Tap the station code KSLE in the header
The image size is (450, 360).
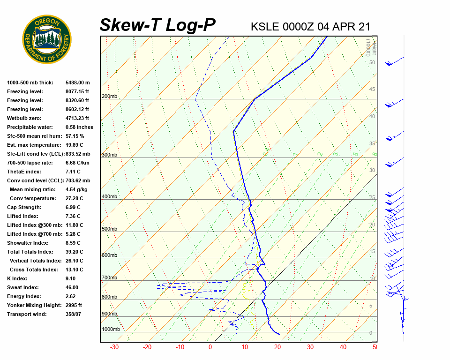[x=265, y=27]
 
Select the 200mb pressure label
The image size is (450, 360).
[x=109, y=97]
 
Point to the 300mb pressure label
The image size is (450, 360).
[x=109, y=155]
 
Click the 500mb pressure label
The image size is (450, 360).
[x=109, y=229]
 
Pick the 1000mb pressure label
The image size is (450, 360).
[x=111, y=329]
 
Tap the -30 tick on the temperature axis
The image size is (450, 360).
[x=114, y=347]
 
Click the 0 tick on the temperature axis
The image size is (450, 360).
[x=210, y=347]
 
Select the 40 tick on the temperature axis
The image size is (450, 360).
[x=343, y=347]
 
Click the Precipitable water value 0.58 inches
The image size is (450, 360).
[x=79, y=127]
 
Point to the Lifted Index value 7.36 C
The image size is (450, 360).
[x=73, y=216]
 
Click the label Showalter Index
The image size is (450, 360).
[x=28, y=243]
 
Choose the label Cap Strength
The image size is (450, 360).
[x=24, y=207]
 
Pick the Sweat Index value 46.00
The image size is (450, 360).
[x=72, y=287]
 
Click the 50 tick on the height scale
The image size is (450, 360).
[x=372, y=62]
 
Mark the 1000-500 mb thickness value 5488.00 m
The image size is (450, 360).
[x=77, y=82]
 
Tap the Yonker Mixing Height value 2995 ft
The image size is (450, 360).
[x=74, y=305]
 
